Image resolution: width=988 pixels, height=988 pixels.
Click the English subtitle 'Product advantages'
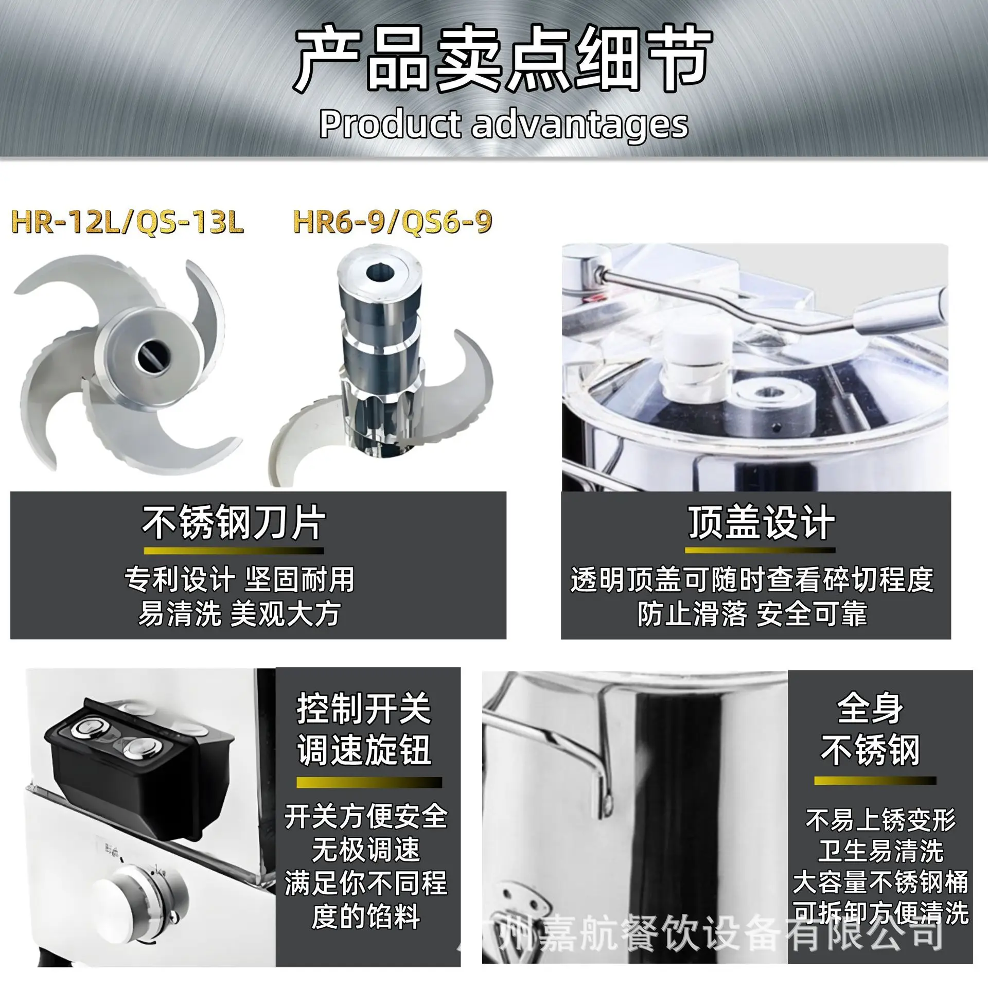[x=503, y=124]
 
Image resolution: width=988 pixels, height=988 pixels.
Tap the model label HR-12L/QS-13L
[x=128, y=222]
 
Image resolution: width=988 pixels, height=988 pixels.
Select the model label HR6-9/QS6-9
[x=393, y=222]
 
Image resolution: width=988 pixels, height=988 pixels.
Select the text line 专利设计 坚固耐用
[x=239, y=580]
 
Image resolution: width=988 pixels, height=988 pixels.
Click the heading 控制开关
[x=364, y=709]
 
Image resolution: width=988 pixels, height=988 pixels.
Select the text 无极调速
[x=366, y=850]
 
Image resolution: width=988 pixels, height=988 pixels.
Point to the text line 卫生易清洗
[x=880, y=851]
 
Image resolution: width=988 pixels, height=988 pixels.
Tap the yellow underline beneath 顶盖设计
[x=760, y=551]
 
